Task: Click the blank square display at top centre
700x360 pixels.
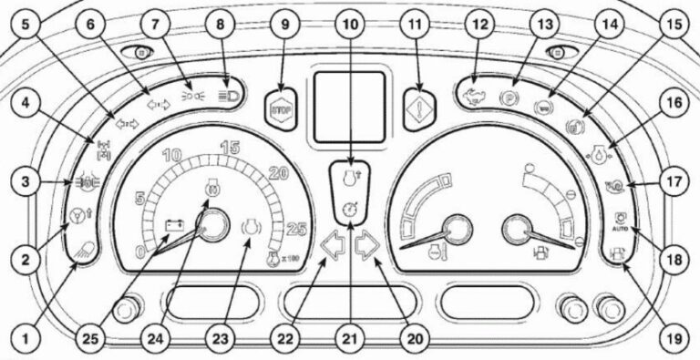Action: pyautogui.click(x=350, y=108)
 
